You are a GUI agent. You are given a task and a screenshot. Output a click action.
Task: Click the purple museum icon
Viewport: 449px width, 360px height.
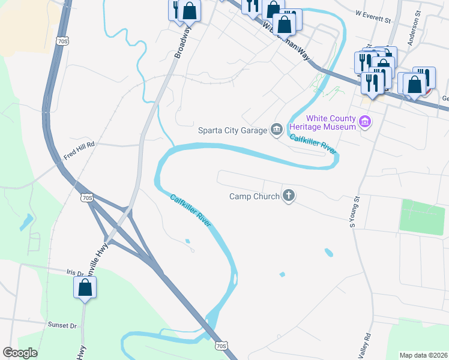click(x=364, y=122)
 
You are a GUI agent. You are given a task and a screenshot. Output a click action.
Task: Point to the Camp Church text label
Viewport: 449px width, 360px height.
click(x=255, y=196)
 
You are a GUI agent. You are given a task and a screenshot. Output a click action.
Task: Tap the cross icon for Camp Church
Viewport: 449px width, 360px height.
click(x=289, y=195)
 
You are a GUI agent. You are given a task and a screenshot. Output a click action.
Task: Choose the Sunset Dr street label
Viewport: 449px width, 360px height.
click(x=62, y=325)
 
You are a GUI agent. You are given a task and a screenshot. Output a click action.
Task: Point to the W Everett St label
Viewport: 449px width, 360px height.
click(x=373, y=16)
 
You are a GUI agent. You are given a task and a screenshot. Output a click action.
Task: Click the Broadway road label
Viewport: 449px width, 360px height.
click(x=182, y=46)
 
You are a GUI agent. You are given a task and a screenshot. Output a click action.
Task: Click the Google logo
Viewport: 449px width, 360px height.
click(x=20, y=353)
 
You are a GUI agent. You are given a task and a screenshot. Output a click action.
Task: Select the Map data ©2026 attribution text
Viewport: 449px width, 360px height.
click(x=424, y=355)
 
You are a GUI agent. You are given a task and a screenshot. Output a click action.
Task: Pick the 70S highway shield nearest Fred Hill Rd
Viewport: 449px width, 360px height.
click(x=87, y=197)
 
